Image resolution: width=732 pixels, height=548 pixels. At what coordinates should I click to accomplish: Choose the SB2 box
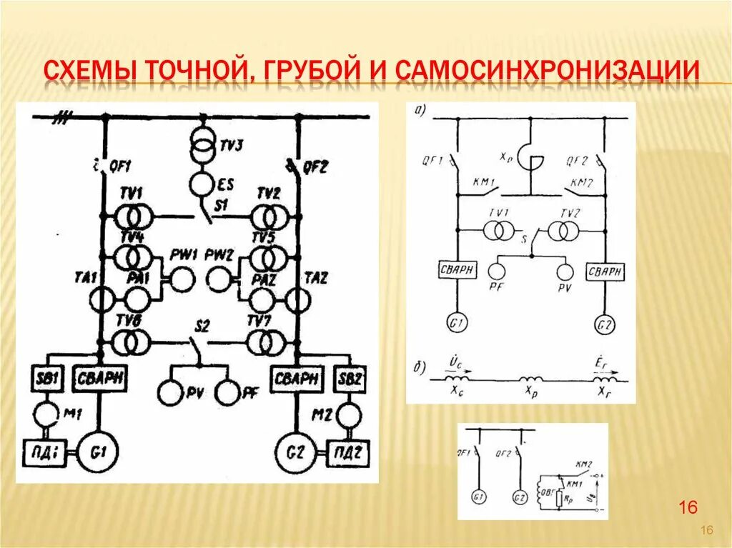[x=350, y=377]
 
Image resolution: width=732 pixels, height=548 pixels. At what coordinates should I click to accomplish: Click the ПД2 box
[x=347, y=451]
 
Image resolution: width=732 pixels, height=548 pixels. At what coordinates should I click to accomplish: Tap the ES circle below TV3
[x=202, y=181]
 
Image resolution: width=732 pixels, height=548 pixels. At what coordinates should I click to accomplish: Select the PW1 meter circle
[x=183, y=279]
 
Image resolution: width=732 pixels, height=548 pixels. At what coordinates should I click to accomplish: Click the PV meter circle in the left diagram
[x=172, y=392]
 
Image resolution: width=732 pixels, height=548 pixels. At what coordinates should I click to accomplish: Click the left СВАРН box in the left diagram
[x=100, y=377]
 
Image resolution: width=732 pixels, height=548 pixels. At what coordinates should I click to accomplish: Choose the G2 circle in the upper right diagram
[x=605, y=325]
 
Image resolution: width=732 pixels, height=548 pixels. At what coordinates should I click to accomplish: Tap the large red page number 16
[x=688, y=508]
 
